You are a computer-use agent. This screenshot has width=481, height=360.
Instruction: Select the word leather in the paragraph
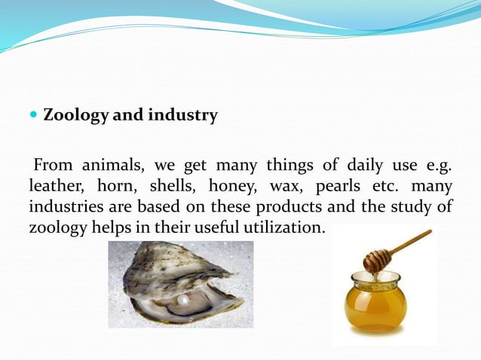pos(54,185)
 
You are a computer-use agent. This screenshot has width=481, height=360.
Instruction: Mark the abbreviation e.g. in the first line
pos(439,165)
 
